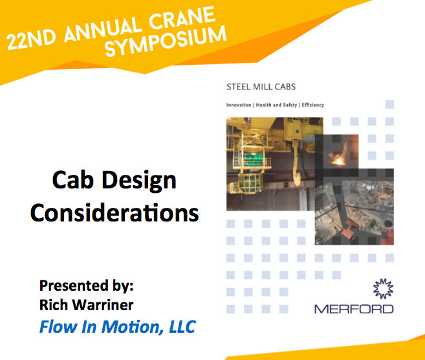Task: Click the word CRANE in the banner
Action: coord(182,19)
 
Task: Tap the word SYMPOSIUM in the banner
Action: coord(166,41)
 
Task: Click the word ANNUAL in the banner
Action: coord(103,29)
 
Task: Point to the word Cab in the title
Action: coord(73,180)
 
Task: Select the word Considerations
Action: coord(114,212)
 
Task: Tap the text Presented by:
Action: coord(87,286)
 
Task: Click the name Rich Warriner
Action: coord(87,305)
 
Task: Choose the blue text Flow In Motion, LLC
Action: coord(118,326)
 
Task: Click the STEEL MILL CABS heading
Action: coord(261,87)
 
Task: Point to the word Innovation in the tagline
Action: coord(239,105)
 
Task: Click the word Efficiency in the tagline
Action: coord(313,105)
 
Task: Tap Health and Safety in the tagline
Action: coord(276,105)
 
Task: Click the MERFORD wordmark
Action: coord(354,309)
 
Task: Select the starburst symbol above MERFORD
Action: coord(383,289)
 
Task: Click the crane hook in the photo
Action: coord(296,168)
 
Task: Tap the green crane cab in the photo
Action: coord(254,159)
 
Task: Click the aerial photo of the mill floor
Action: coord(354,207)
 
